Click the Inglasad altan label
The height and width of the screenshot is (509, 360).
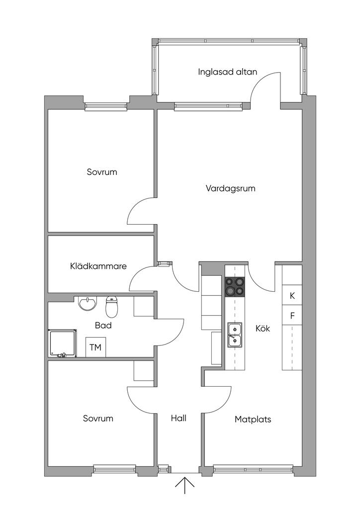(x=228, y=72)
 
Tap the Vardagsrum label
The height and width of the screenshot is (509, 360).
(x=230, y=188)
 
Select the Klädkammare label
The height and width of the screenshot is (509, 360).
(x=98, y=266)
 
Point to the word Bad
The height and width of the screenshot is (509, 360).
(x=103, y=326)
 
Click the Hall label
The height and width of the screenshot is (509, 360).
(x=179, y=418)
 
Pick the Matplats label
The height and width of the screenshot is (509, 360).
(x=253, y=419)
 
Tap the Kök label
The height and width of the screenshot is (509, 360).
(x=263, y=328)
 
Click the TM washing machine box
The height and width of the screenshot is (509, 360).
(x=95, y=347)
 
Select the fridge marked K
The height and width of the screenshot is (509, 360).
(x=292, y=296)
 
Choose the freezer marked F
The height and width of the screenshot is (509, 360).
(x=292, y=315)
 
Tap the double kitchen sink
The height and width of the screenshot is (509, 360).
(x=235, y=334)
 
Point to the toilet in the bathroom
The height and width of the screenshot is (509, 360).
(x=112, y=307)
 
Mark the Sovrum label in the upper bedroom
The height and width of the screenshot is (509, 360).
(x=101, y=172)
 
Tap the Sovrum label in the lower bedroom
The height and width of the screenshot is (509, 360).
(x=98, y=418)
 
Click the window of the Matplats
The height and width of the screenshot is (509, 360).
(x=253, y=468)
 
